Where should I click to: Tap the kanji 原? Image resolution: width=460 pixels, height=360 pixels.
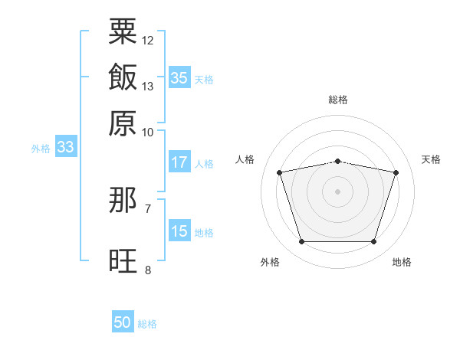(x=123, y=123)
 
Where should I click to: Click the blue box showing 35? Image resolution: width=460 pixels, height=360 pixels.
(x=179, y=77)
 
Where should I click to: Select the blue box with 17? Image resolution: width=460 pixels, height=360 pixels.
(x=179, y=162)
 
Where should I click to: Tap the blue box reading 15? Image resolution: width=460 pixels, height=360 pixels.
(x=179, y=231)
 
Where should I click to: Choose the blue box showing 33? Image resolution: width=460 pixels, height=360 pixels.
(x=65, y=147)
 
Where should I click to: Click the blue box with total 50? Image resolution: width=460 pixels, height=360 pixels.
(x=123, y=322)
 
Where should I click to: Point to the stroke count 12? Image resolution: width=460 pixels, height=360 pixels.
(x=148, y=40)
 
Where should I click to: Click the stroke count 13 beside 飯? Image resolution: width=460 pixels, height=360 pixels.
(x=148, y=86)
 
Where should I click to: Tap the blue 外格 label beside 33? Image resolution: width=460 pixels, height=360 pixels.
(x=41, y=149)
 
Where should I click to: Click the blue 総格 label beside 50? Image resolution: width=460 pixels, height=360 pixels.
(x=147, y=324)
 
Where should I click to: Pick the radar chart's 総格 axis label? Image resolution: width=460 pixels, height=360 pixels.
(x=337, y=100)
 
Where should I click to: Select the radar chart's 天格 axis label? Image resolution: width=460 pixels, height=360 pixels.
(x=431, y=159)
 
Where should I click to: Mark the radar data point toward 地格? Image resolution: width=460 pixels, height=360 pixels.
(x=373, y=242)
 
